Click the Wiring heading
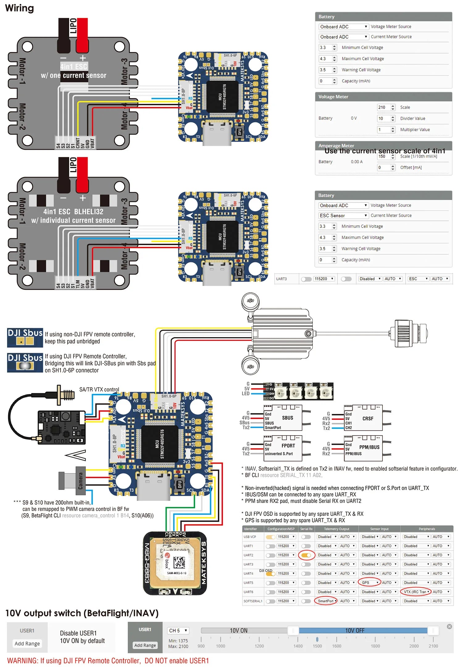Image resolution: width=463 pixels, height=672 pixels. pos(19,8)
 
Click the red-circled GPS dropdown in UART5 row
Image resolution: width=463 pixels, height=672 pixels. pos(369,582)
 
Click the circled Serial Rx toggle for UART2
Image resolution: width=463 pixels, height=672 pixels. pos(306,555)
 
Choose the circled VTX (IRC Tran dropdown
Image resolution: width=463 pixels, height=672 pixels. pos(416,592)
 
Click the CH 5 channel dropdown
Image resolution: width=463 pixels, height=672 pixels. pos(178,630)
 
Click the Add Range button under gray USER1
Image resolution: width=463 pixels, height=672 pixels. pos(27,644)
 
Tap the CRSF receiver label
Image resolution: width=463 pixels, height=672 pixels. pos(368,419)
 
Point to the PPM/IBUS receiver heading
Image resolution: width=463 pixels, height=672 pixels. pos(369,447)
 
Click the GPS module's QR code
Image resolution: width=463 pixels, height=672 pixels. pos(179,563)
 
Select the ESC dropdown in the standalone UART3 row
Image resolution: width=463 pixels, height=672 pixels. pos(418,279)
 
